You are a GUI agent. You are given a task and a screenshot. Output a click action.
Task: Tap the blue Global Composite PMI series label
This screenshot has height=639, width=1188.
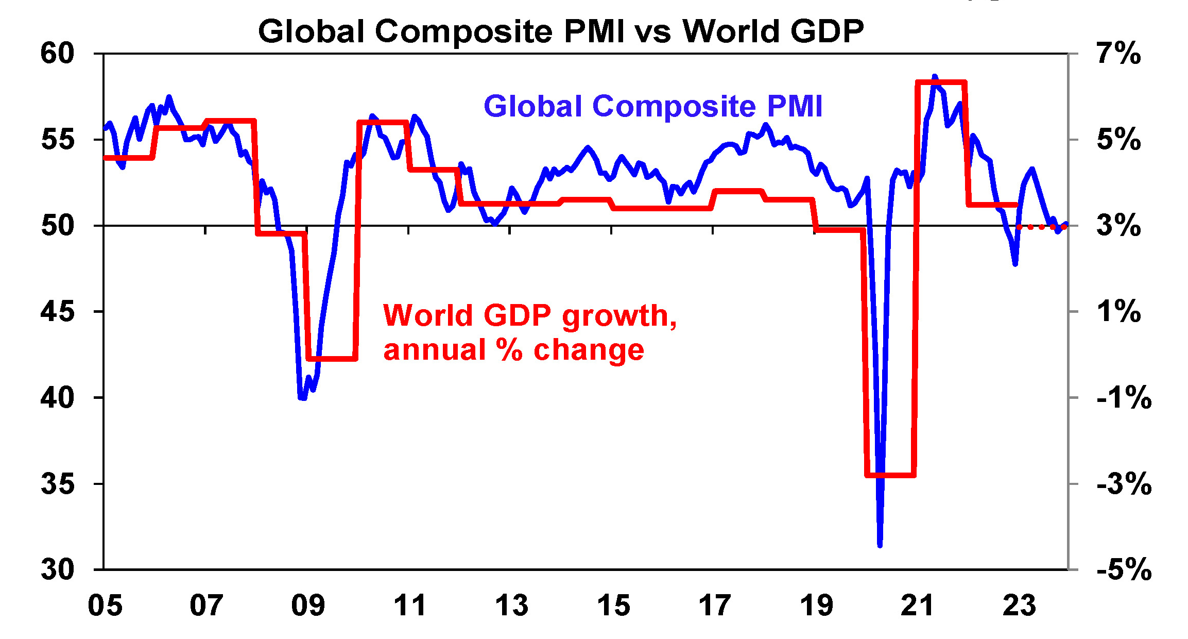(652, 106)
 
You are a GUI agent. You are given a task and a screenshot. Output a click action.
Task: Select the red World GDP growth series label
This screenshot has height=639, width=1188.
(529, 332)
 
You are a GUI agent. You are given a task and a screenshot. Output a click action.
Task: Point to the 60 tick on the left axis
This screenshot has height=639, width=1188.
(57, 53)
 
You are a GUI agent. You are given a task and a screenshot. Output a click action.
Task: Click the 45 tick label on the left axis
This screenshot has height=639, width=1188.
(57, 312)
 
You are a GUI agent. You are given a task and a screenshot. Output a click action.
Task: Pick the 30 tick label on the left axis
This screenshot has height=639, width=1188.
(57, 569)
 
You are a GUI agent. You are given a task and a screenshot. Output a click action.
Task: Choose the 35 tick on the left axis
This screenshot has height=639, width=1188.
(57, 484)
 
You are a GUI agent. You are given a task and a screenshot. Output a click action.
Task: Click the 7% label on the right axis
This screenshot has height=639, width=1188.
(1118, 53)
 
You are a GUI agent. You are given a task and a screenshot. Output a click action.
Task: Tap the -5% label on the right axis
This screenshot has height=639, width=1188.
(1124, 569)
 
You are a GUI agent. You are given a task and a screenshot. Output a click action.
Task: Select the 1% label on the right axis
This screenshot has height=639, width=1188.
(1118, 312)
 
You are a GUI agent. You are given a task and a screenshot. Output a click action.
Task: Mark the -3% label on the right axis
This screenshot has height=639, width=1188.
(1124, 484)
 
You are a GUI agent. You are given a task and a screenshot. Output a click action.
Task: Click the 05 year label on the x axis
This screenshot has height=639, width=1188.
(105, 606)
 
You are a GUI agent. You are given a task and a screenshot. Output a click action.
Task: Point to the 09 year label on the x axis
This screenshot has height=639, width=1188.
(308, 606)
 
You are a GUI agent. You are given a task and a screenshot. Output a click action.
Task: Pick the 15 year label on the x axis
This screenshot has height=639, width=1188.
(613, 606)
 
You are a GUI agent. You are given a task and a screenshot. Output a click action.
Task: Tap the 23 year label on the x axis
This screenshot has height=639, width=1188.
(1019, 606)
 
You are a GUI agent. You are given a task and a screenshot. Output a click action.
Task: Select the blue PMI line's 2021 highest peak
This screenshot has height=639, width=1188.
(935, 77)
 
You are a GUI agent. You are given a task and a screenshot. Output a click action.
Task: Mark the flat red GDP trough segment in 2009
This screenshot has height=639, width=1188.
(331, 358)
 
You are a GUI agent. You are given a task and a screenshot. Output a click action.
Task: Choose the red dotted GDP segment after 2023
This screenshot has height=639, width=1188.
(1041, 227)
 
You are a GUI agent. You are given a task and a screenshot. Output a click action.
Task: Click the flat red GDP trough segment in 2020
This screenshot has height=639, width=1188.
(890, 475)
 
